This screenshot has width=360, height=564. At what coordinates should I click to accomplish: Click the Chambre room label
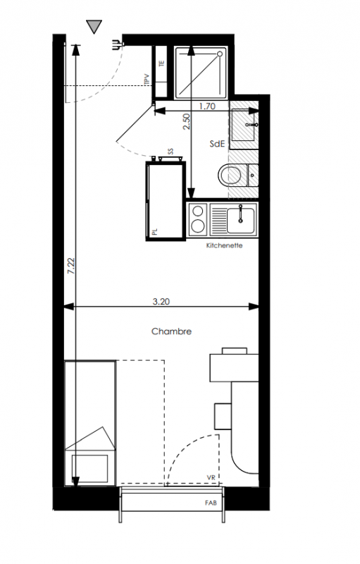tap(171, 331)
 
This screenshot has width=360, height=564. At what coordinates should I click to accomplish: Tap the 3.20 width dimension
tap(161, 302)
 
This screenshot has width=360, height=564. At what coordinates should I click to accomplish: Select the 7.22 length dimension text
tap(70, 266)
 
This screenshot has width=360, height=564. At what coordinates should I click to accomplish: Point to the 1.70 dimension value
tap(207, 106)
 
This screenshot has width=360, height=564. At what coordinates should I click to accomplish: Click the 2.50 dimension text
tap(186, 122)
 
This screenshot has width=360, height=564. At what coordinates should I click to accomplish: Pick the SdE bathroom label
tap(217, 144)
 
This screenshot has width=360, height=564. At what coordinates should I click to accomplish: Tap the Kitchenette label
tap(224, 245)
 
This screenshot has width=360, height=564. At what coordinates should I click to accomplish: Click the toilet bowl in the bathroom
tap(229, 176)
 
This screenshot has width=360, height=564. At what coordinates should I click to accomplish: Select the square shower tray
tap(201, 73)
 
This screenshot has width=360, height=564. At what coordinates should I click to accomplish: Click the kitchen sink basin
tap(240, 221)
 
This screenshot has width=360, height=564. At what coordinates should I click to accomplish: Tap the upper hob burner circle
tap(198, 211)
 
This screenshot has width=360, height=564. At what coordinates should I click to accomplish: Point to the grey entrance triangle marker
tap(94, 27)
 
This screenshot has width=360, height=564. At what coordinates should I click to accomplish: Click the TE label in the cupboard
tap(161, 63)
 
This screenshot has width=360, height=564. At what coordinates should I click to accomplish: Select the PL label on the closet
tap(155, 231)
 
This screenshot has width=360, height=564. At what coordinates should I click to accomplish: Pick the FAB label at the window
tap(211, 503)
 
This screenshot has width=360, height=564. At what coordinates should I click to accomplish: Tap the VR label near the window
tap(211, 478)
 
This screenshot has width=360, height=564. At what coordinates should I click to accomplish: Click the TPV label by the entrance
tap(147, 80)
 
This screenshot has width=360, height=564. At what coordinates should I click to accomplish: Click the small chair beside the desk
tap(223, 416)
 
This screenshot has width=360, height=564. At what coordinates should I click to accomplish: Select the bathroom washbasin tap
tap(252, 125)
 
